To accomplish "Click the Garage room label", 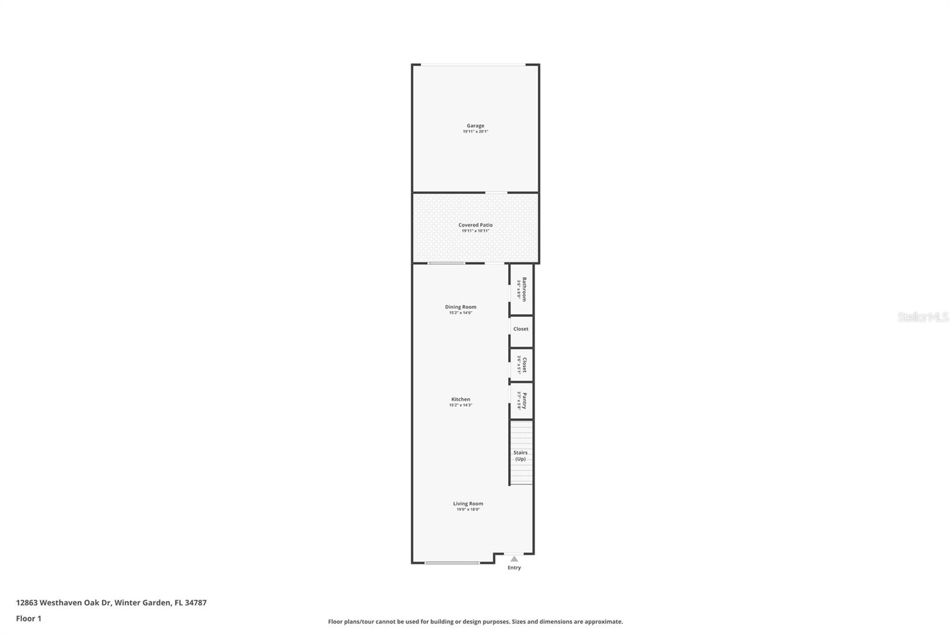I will (x=475, y=125).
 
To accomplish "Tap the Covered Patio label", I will (x=475, y=225).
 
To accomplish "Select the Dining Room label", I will (x=461, y=307).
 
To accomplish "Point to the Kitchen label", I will (x=461, y=399).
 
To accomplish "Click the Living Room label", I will (x=468, y=503).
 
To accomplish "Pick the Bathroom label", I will (x=524, y=289).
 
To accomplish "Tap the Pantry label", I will (x=524, y=400).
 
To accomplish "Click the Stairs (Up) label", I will (x=520, y=456).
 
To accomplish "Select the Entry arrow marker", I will (x=514, y=558).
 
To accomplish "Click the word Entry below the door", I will (x=514, y=567).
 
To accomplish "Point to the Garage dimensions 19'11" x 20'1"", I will (x=475, y=131).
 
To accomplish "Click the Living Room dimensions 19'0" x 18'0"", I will (x=468, y=510).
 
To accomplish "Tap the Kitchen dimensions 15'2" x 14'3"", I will (x=461, y=405).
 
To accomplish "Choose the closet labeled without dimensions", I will (x=521, y=329).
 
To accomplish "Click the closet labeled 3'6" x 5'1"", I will (x=521, y=365).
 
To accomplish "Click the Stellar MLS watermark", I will (x=922, y=317).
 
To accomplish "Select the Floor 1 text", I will (x=29, y=619).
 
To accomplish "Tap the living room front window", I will (x=452, y=563).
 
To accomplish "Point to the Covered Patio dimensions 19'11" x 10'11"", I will (x=475, y=231).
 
